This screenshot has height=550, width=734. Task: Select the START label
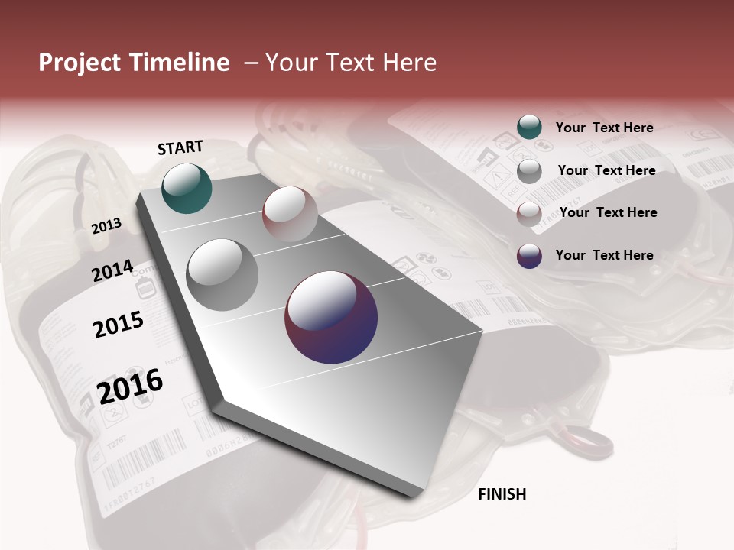180,147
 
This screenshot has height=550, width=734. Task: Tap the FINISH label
502,494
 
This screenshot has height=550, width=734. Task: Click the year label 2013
106,225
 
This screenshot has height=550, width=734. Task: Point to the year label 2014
112,271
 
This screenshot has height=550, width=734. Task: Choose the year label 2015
119,325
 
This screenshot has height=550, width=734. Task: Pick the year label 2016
130,385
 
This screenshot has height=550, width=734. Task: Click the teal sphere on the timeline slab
187,188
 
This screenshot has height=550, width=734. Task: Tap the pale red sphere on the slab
290,214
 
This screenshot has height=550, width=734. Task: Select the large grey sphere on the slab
222,274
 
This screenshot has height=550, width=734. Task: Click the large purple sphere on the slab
331,317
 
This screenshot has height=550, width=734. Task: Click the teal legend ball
529,128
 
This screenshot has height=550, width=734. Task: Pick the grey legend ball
529,170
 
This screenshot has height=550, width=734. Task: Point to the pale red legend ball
529,213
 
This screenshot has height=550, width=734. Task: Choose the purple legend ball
529,256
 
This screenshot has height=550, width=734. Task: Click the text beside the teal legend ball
604,128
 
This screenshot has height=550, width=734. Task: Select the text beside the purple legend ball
604,255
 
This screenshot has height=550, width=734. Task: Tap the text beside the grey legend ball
606,170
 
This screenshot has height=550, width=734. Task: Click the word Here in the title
409,63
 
